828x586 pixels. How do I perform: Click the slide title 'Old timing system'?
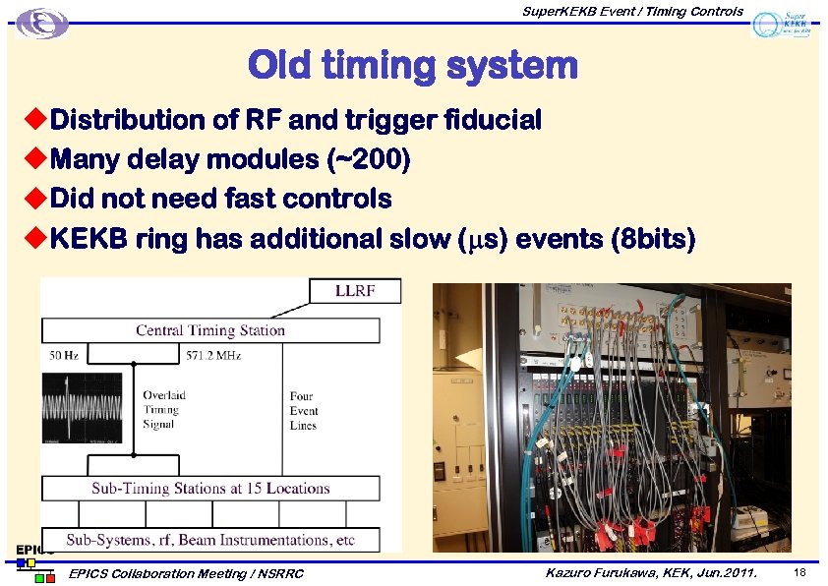(412, 66)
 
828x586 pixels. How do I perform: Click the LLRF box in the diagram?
(355, 291)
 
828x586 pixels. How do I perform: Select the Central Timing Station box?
(209, 330)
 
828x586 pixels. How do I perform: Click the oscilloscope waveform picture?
(82, 412)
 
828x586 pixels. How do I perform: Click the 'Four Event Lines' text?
(303, 411)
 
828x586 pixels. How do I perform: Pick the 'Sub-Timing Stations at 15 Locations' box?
(209, 488)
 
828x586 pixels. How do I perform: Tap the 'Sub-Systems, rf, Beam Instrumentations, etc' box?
(209, 540)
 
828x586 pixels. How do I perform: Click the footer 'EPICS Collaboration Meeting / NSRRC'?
(187, 573)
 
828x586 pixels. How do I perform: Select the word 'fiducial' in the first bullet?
(492, 120)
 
